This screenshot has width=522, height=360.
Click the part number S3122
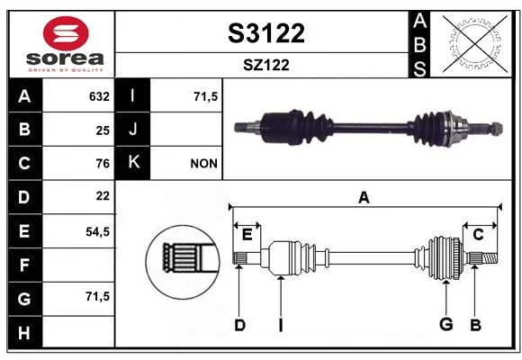coord(266,33)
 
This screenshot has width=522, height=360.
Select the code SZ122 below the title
coord(266,65)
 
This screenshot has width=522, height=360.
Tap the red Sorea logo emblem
coord(66,33)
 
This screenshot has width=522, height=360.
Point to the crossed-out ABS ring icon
coord(474,44)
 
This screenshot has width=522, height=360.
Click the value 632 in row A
coord(99,96)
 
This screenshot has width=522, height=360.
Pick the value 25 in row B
coord(103,130)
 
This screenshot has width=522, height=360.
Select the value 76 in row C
coord(103,164)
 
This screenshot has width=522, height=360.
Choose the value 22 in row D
coord(103,196)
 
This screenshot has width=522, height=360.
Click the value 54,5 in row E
coord(97,231)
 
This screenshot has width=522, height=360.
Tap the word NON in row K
coord(203,164)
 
